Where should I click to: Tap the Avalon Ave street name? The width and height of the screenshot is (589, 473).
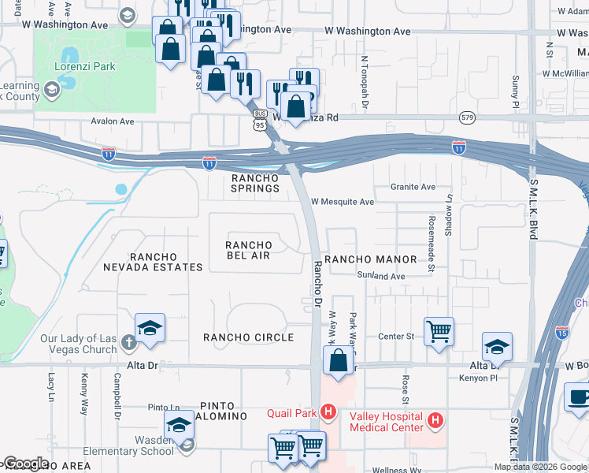coord(113,122)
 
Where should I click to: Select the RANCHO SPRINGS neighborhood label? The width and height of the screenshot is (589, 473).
coord(255,183)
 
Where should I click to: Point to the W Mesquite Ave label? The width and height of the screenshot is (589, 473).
coord(343,202)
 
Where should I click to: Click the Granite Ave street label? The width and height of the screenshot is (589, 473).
coord(413,188)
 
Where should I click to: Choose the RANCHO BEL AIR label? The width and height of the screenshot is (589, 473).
coord(249,250)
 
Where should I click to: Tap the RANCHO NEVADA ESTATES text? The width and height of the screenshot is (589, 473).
coord(165,262)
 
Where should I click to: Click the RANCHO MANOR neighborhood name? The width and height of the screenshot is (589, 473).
coord(370,259)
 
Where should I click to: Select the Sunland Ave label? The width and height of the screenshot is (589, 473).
coord(380,277)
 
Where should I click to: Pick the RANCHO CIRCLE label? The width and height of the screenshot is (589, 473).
coord(248,337)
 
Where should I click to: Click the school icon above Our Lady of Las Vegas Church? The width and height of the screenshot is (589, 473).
coord(150,328)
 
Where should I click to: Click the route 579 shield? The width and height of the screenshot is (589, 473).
coord(467,117)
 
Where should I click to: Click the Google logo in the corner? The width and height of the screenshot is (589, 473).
coord(26,464)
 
